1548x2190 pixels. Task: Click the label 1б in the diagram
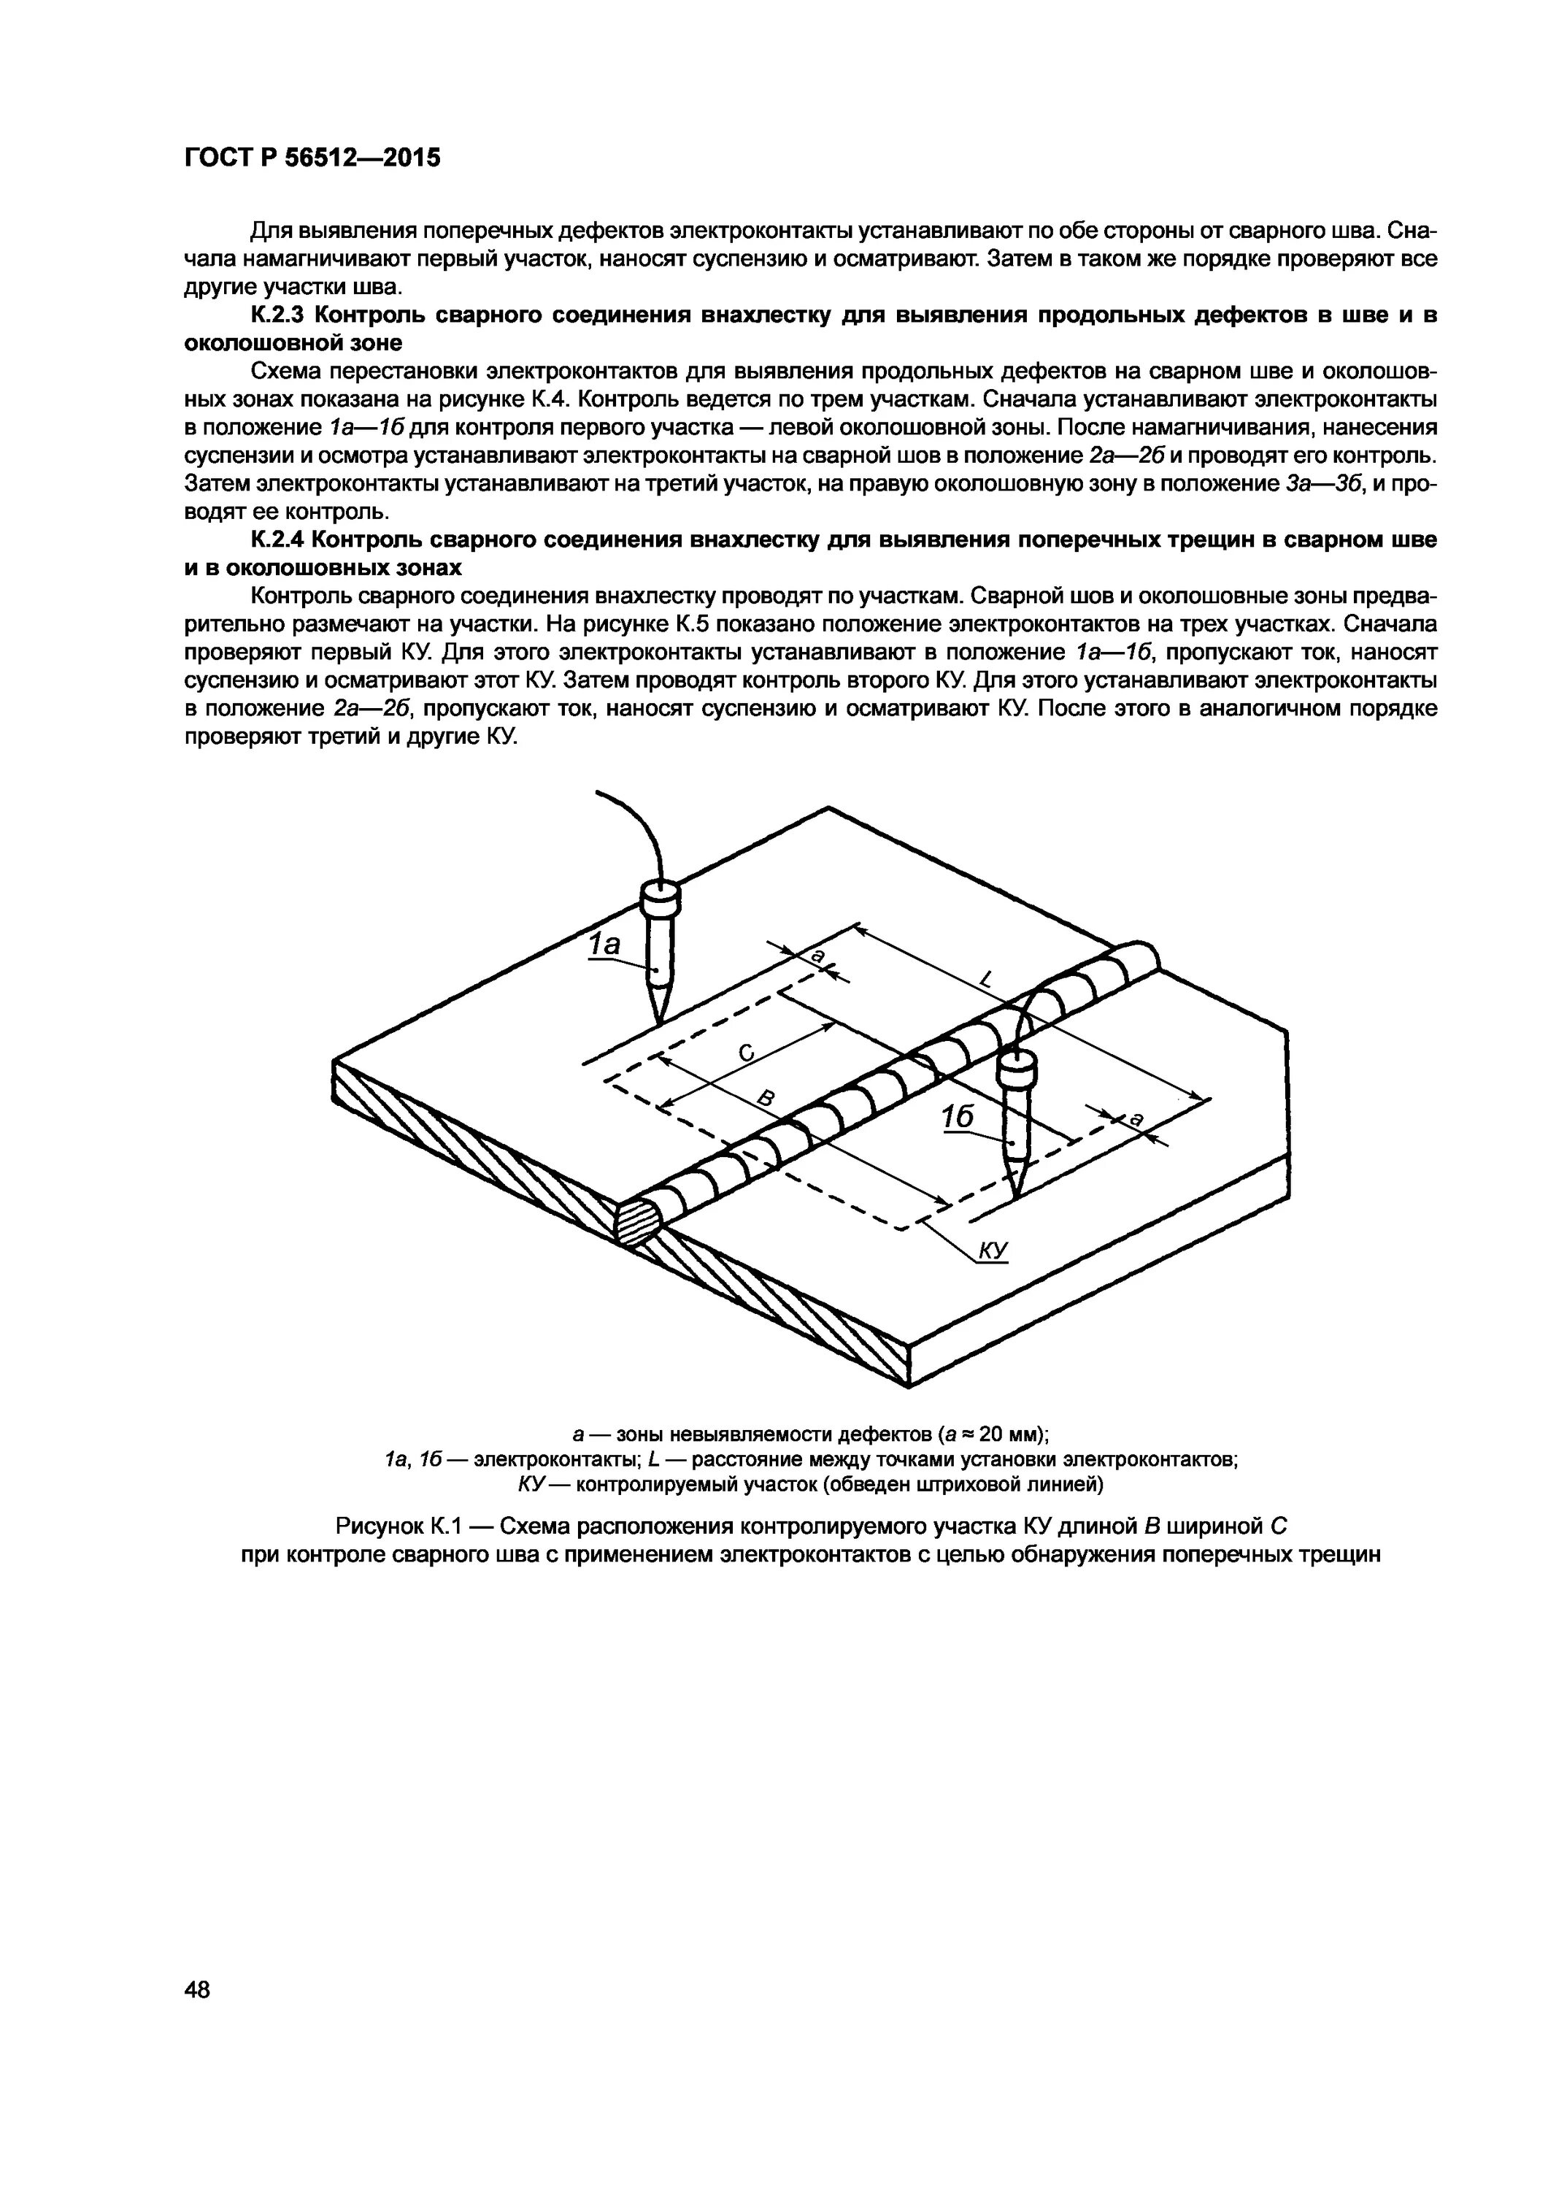[957, 1116]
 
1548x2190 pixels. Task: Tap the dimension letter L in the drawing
[986, 979]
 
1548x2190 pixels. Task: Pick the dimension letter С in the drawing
[747, 1053]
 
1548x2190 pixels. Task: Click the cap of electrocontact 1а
[658, 896]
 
